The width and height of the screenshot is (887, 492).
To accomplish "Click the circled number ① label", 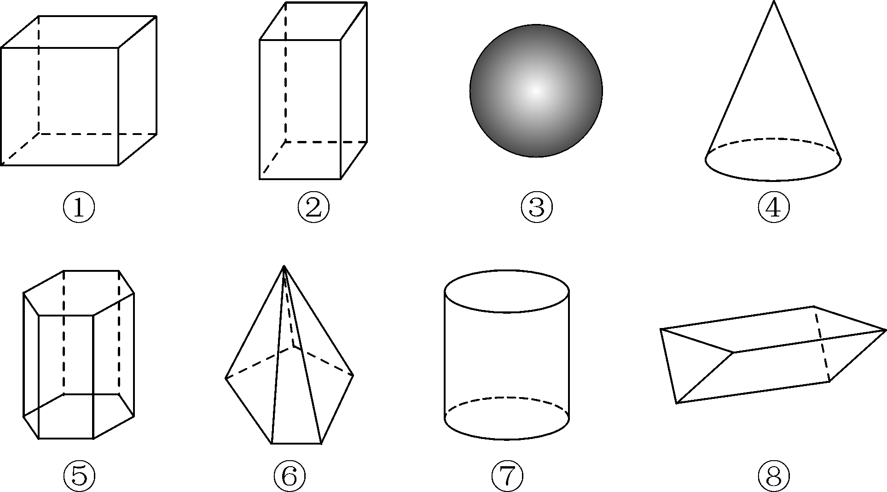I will coord(79,208).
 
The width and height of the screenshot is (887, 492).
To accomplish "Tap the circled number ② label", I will coord(313,208).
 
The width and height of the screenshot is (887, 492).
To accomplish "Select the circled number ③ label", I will coord(537,208).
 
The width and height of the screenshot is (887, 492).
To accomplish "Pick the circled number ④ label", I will coord(774,208).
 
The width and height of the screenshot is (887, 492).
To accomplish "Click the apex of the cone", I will coord(774,2).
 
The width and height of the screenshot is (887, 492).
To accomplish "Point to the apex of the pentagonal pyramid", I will coord(284,266).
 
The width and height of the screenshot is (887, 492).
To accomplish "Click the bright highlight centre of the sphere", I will coord(535,91).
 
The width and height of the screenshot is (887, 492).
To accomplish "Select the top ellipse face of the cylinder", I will coord(507,291).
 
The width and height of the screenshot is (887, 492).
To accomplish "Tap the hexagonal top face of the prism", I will coord(78,293).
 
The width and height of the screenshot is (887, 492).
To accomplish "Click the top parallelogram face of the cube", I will coord(78,32).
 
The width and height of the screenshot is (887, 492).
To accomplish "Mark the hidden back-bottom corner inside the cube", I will coord(39,134).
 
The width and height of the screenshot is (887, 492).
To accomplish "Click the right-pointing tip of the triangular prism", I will coord(885,330).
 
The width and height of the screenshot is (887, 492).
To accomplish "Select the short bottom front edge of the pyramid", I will coord(296,444).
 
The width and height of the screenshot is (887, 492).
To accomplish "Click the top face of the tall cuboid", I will coord(313,21).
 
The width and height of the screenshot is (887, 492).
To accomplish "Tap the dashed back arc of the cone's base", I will coord(773,138).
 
